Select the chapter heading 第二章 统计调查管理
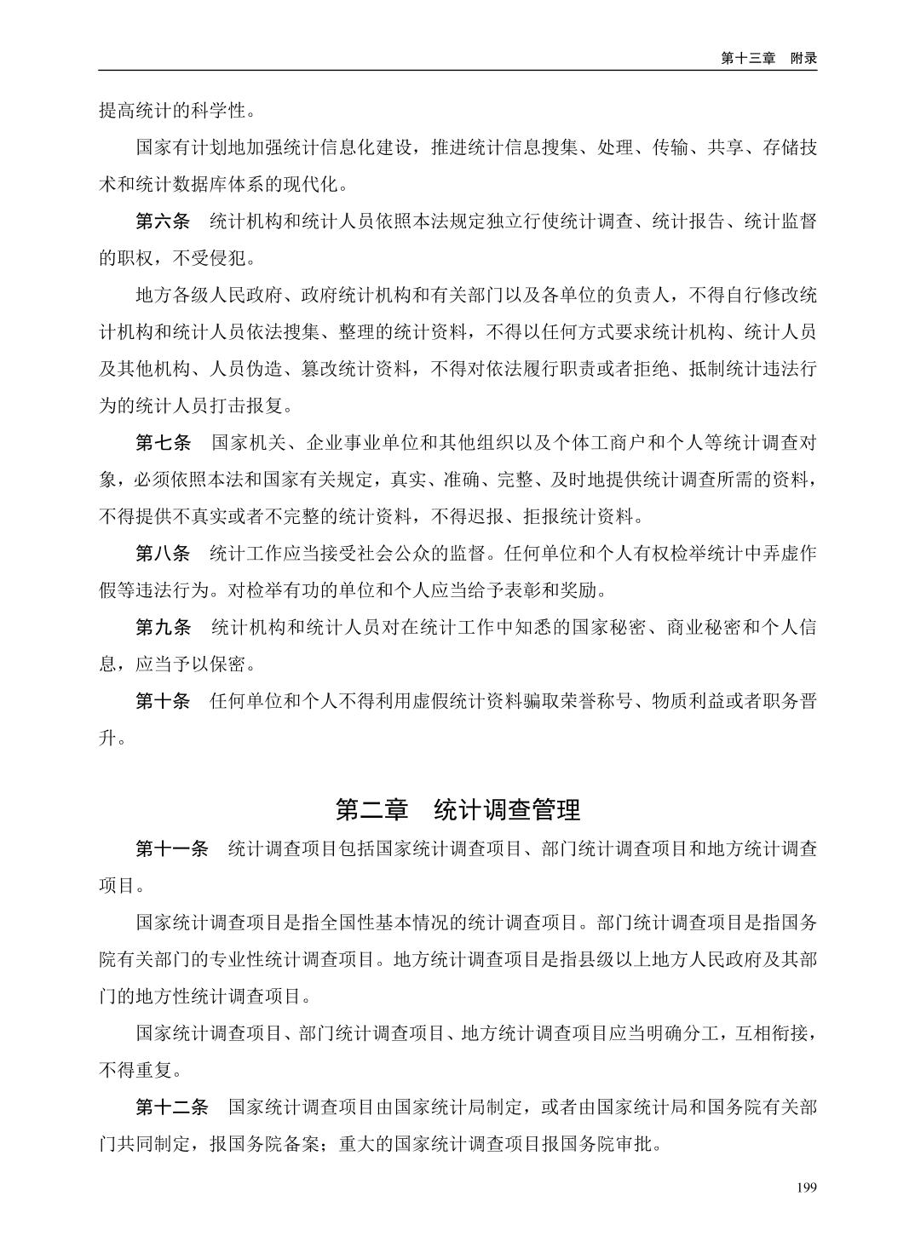tap(457, 809)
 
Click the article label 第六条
tap(163, 221)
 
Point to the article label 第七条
tap(163, 443)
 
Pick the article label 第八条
tap(163, 554)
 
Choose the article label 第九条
tap(163, 628)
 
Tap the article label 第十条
tap(163, 701)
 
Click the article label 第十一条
tap(172, 848)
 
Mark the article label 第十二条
tap(172, 1107)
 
